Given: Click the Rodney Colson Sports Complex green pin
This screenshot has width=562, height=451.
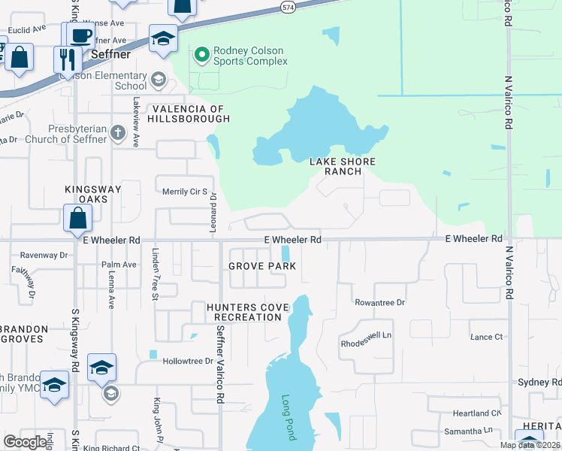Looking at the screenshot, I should click(x=201, y=54).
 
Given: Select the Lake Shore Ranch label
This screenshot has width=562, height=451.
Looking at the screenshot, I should click(x=343, y=166).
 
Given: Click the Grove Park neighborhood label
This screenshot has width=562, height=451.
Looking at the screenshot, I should click(x=262, y=266).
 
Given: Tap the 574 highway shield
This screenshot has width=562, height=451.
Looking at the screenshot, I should click(x=288, y=7).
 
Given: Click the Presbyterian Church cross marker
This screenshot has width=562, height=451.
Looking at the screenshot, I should click(x=117, y=134).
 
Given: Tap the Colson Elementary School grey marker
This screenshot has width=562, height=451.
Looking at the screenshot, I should click(x=158, y=78).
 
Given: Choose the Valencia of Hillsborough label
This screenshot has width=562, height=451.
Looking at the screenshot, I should click(x=189, y=114).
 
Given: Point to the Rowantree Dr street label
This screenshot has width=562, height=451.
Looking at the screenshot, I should click(x=379, y=302).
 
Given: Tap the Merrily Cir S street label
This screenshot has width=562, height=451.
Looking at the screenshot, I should click(x=185, y=192).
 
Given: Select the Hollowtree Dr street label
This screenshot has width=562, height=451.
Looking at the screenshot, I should click(x=188, y=362).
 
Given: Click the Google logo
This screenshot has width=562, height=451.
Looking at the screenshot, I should click(x=26, y=442).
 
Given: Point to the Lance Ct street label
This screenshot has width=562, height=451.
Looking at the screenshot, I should click(x=486, y=337).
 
